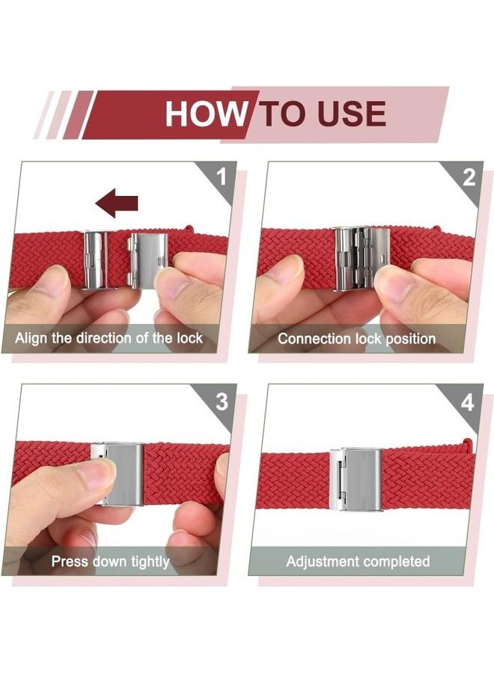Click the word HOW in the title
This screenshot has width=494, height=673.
click(205, 114)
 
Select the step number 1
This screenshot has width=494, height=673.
click(222, 177)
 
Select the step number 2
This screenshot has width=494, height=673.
click(469, 177)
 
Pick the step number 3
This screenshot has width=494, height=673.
click(222, 402)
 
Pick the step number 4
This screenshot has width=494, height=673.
click(468, 402)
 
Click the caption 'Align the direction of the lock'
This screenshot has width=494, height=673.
click(109, 338)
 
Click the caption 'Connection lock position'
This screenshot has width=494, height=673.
click(356, 338)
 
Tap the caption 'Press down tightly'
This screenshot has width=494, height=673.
click(110, 561)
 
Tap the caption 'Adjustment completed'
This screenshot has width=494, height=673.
click(358, 561)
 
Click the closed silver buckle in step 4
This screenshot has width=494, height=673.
click(357, 479)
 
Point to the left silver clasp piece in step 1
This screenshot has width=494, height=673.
click(96, 259)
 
